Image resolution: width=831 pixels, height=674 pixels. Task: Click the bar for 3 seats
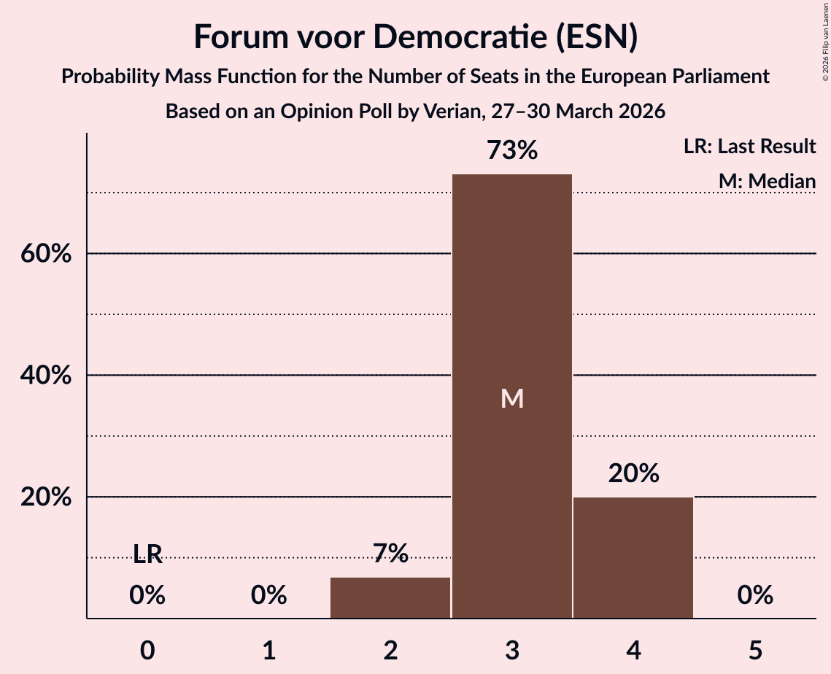point(512,396)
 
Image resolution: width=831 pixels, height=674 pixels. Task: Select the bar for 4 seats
point(633,557)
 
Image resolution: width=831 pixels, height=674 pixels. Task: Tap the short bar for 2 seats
point(390,597)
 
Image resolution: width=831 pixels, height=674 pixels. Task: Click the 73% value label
point(512,150)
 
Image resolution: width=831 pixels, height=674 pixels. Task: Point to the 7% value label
point(390,553)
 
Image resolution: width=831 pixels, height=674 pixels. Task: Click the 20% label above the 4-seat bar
point(633,473)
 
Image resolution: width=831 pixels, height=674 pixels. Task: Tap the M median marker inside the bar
point(512,398)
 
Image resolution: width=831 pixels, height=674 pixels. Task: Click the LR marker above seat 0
point(147,554)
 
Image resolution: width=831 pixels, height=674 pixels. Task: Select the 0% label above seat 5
point(755,595)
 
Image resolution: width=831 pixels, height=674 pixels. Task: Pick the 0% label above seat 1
point(268,595)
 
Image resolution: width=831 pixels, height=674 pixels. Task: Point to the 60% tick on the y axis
point(45,253)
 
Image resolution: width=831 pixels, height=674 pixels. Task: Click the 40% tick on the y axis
point(45,375)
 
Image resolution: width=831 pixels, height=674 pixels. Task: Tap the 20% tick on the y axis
point(45,497)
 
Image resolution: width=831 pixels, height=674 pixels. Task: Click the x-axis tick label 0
point(147,650)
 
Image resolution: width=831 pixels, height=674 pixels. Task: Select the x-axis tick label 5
point(755,650)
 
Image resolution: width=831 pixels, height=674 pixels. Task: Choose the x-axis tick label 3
point(512,650)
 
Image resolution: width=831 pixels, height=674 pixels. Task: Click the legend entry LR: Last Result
point(749,146)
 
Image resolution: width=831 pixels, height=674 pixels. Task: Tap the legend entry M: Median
point(767,181)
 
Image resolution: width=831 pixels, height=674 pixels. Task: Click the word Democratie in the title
point(460,36)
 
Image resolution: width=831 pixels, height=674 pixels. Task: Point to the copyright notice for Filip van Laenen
point(825,42)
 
